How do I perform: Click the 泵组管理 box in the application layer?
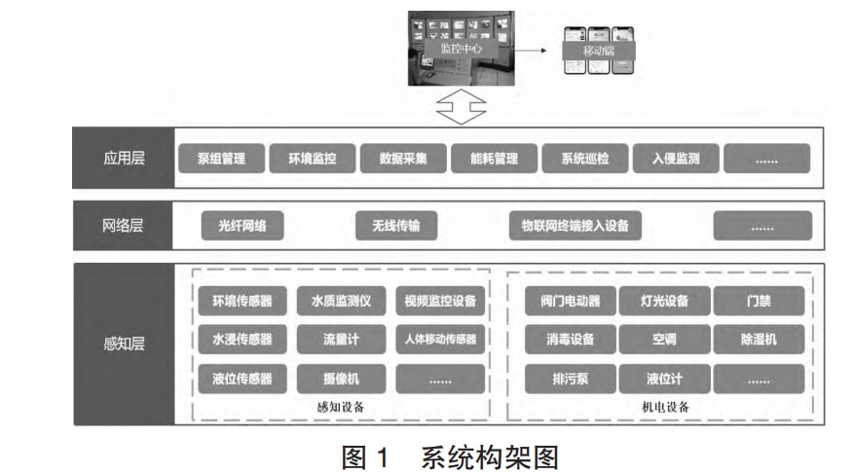(x=220, y=158)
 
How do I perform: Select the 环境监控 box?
(x=312, y=158)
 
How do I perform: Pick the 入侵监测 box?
(x=675, y=158)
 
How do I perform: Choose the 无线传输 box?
(x=395, y=227)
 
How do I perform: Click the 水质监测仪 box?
(x=342, y=301)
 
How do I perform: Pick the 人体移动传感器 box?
(x=440, y=340)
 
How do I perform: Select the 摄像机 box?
(x=342, y=378)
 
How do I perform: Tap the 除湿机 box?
(x=759, y=340)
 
